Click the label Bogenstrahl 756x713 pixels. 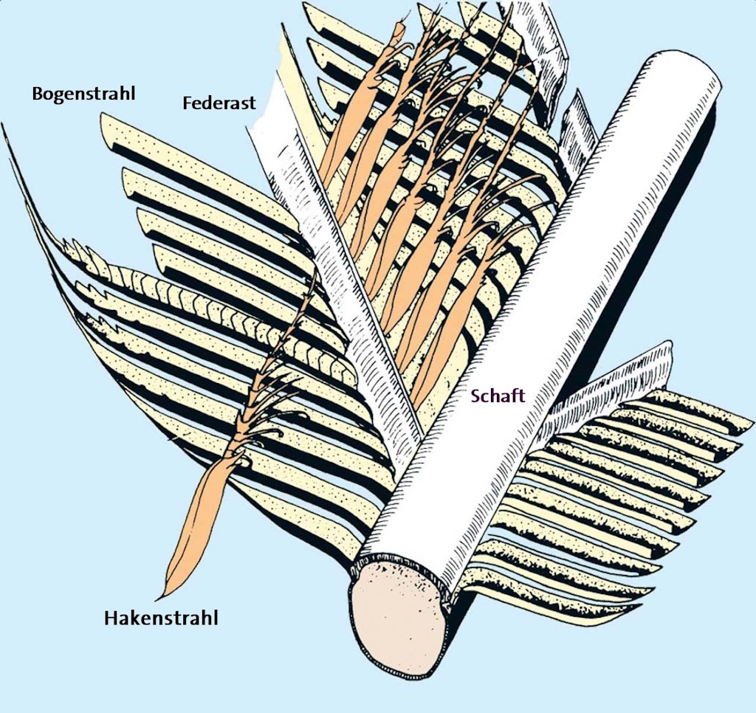point(84,94)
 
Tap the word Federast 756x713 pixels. point(219,103)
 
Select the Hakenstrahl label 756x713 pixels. point(161,617)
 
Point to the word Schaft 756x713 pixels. point(498,396)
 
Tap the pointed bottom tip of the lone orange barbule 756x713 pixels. point(158,596)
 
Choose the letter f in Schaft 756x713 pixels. point(513,396)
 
